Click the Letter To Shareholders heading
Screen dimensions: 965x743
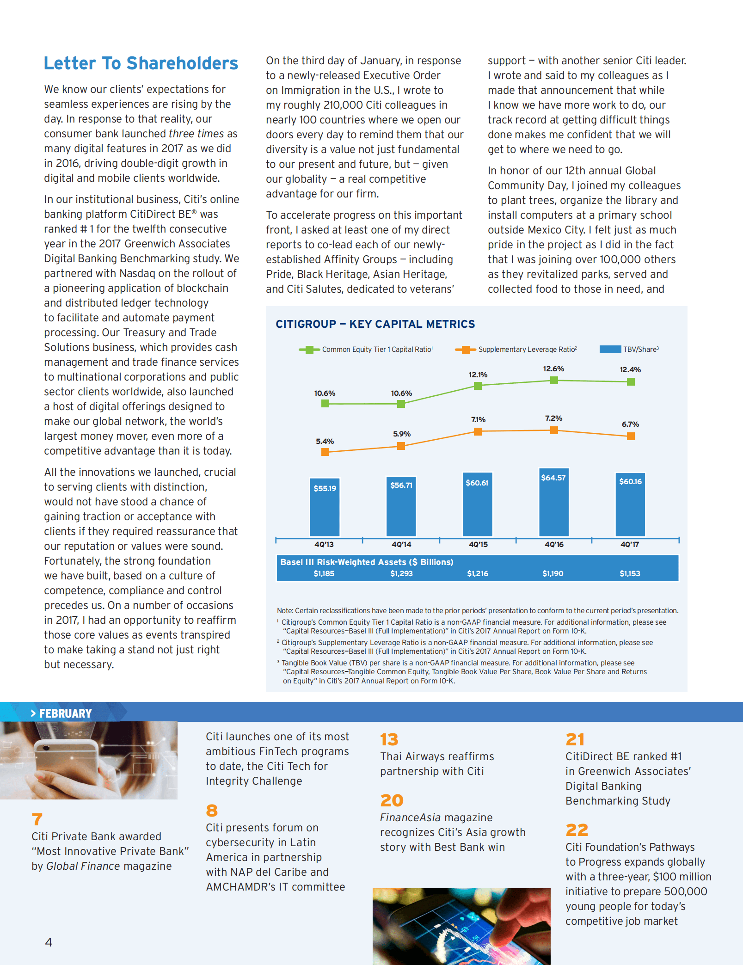(x=141, y=63)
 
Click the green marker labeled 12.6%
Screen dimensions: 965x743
(x=554, y=381)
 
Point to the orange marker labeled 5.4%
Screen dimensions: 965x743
(x=325, y=452)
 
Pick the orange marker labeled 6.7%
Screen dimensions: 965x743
(x=631, y=436)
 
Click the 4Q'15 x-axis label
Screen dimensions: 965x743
(x=478, y=545)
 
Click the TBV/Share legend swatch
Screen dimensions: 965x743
(x=610, y=350)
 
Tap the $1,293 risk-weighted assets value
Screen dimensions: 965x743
(x=401, y=574)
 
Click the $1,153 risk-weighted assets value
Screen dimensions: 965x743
(x=630, y=574)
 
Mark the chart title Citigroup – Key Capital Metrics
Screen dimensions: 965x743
(x=375, y=324)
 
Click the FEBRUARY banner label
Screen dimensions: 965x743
(x=65, y=713)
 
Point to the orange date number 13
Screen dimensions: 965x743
(x=389, y=740)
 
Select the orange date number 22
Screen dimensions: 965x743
(x=577, y=830)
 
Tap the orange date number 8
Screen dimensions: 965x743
(x=212, y=811)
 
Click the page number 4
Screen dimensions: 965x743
(x=49, y=942)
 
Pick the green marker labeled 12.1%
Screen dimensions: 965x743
(x=478, y=386)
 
